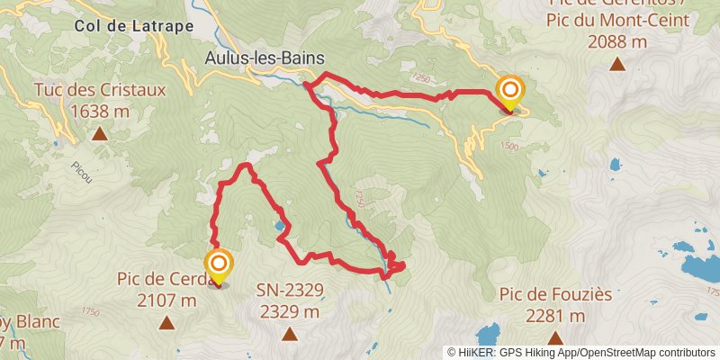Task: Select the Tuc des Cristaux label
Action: (99, 90)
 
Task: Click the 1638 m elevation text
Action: (99, 111)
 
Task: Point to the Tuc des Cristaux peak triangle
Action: (99, 134)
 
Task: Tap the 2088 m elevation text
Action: (617, 40)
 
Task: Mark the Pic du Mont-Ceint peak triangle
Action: (617, 63)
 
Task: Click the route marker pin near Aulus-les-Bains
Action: (510, 93)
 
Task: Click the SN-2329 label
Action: (289, 290)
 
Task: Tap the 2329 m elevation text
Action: (289, 311)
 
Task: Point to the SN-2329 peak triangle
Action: (289, 335)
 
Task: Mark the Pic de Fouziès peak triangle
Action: (555, 337)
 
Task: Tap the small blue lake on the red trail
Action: (282, 226)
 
